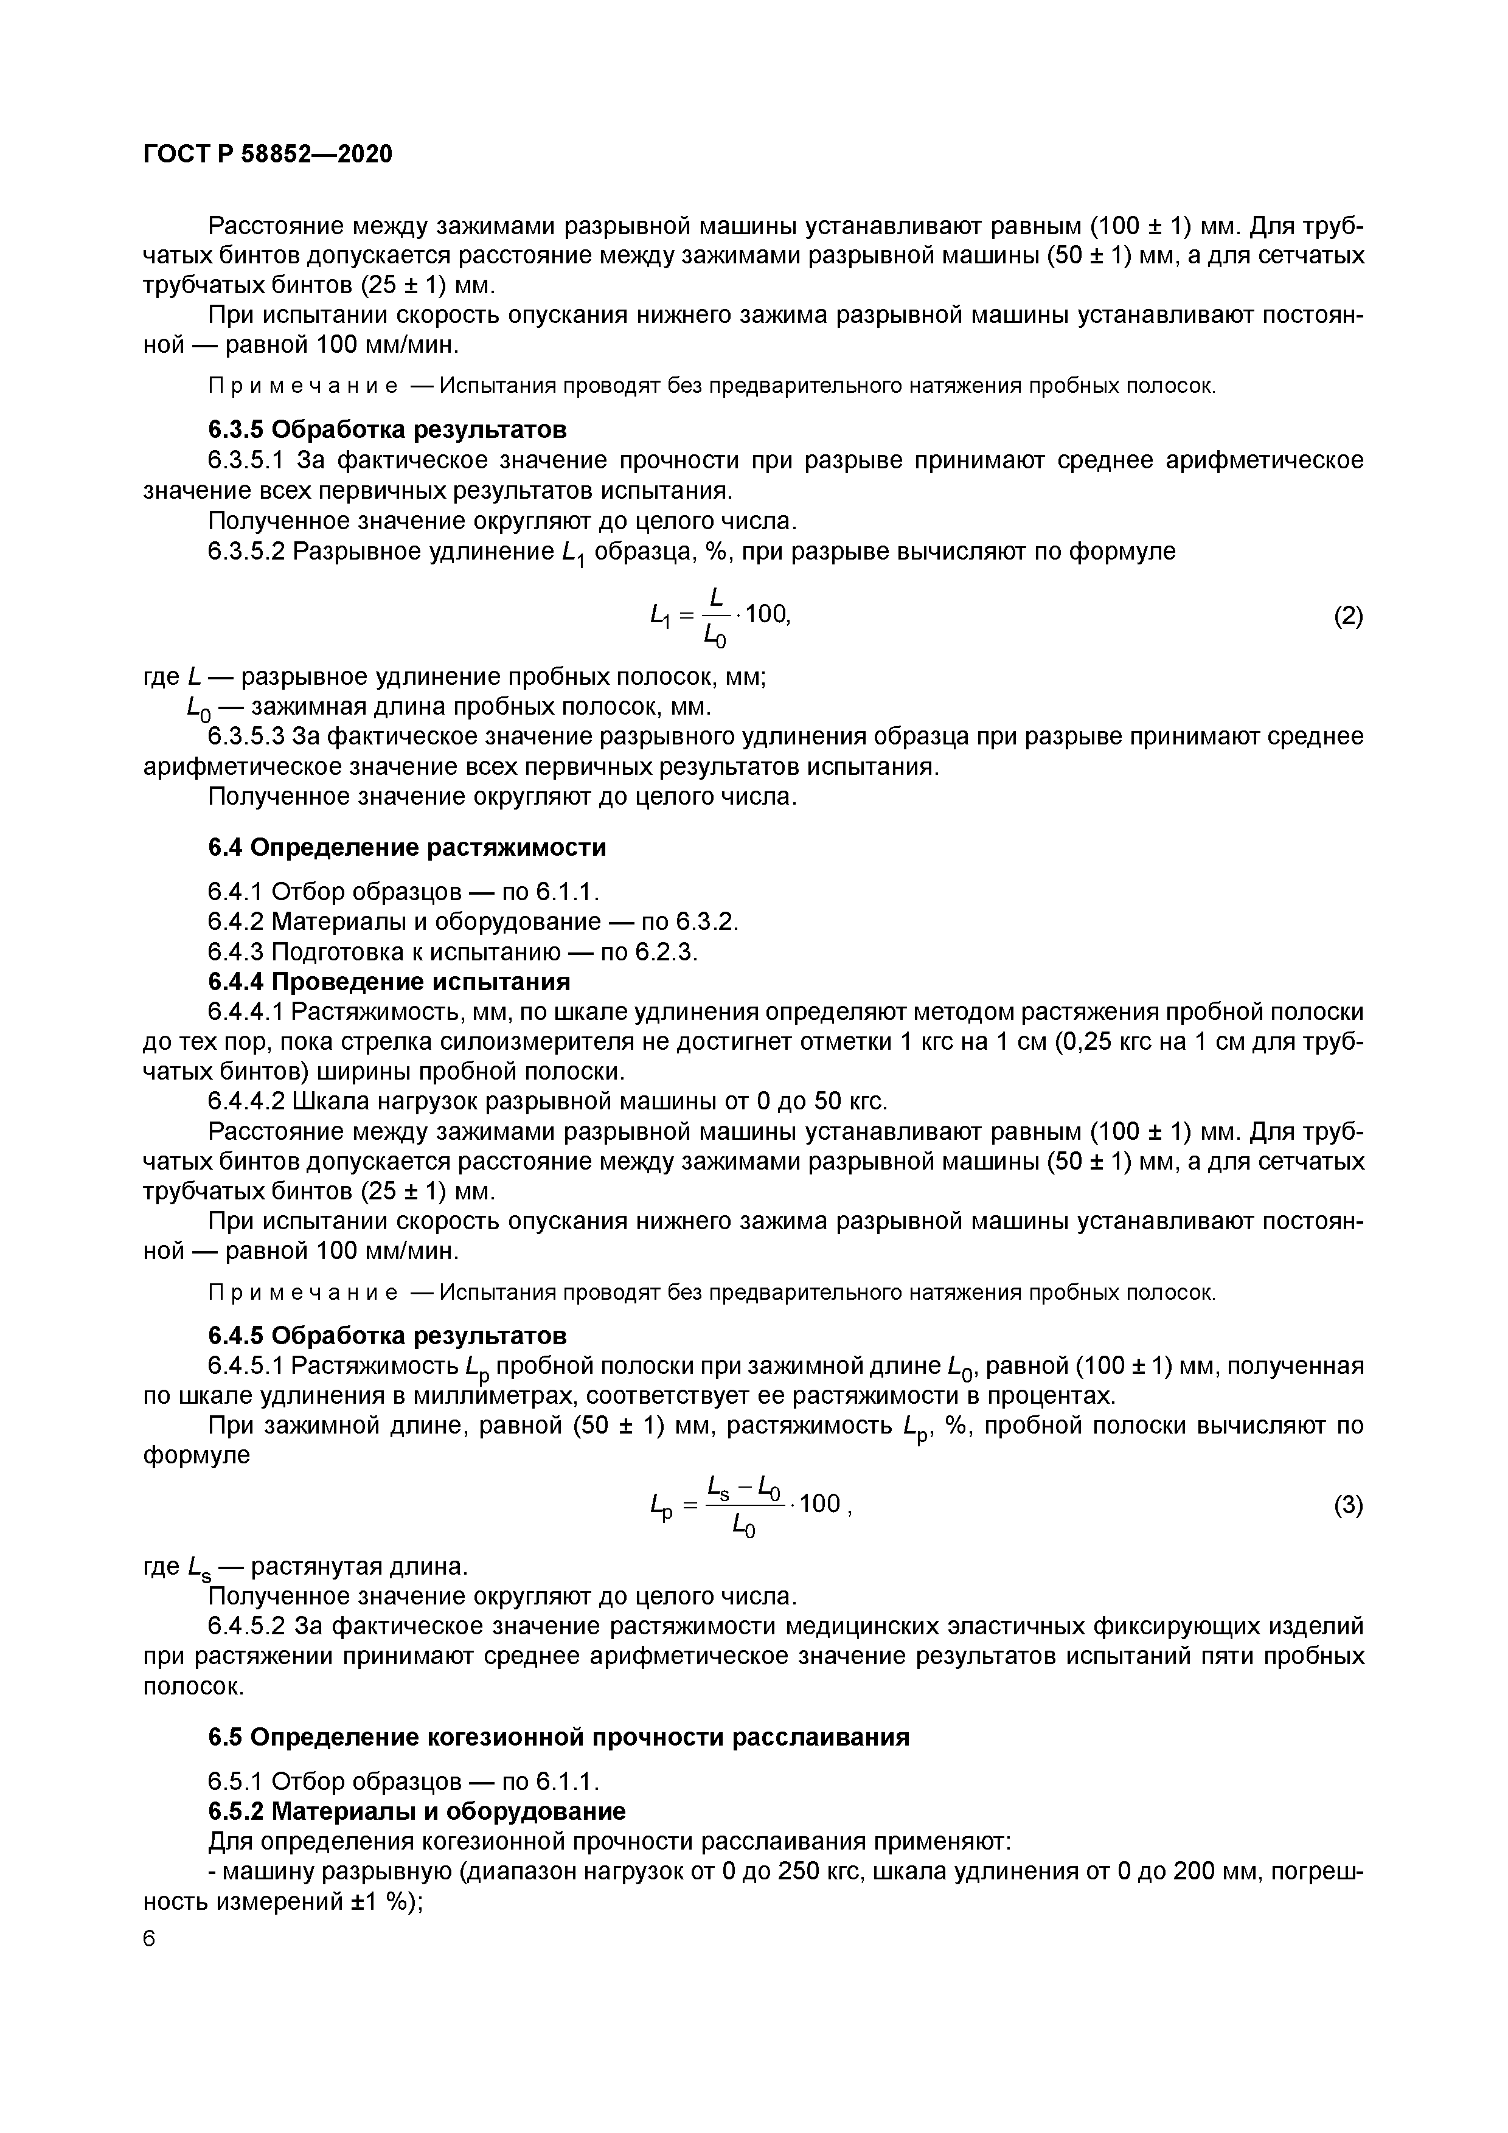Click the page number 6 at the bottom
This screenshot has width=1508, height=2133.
pos(150,1939)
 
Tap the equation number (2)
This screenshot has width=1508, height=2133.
pos(1348,616)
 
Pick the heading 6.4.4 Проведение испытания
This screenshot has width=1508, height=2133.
pos(388,982)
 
